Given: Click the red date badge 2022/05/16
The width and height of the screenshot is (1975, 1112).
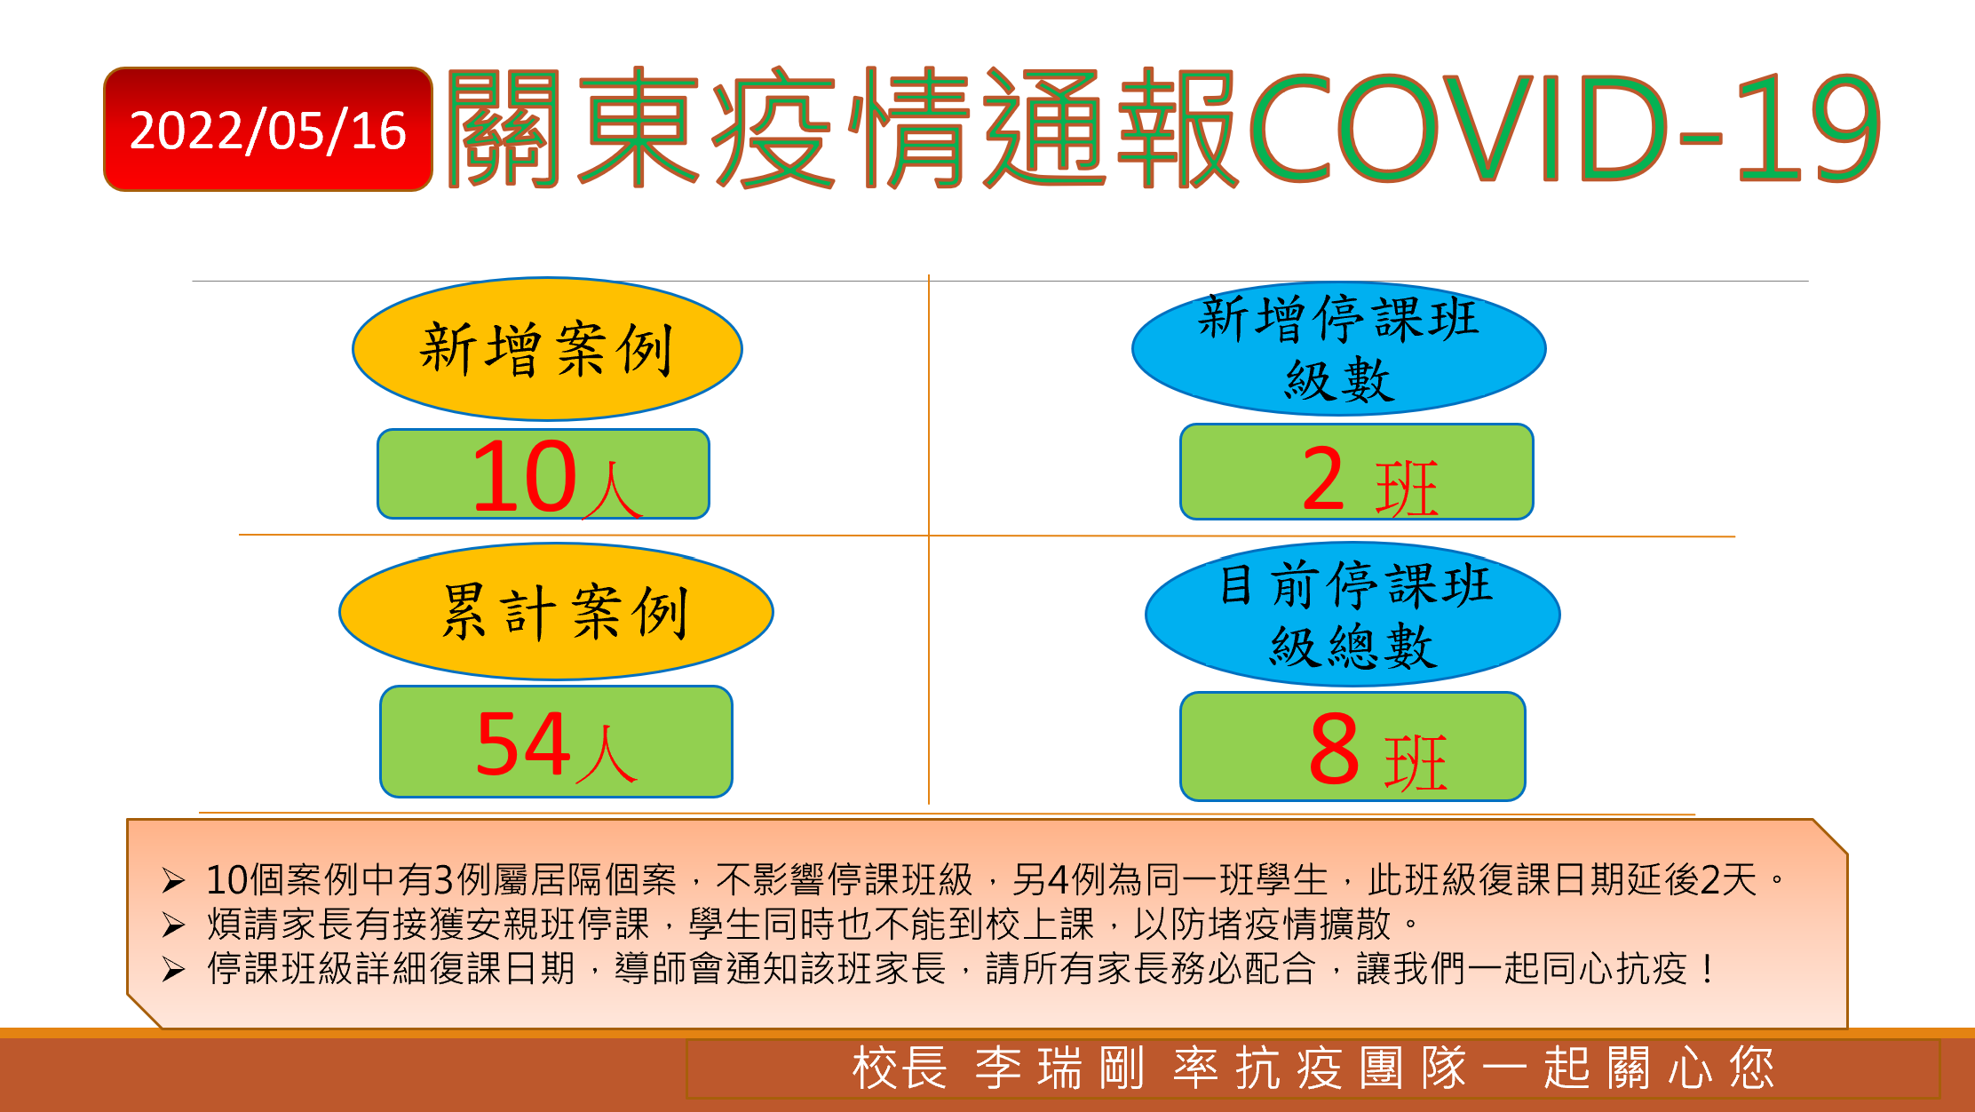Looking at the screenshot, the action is [x=268, y=129].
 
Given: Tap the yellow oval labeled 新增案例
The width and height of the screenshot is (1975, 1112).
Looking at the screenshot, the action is [x=547, y=349].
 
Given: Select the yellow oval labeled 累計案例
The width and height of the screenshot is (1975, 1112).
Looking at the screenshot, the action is [x=556, y=612].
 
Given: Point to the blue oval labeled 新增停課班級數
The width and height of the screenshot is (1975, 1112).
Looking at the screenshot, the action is [x=1338, y=348].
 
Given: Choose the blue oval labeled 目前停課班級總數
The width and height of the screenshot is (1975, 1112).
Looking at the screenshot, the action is [x=1352, y=615].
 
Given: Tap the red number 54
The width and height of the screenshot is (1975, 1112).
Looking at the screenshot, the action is [x=523, y=744].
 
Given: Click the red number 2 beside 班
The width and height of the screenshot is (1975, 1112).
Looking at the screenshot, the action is [x=1323, y=479].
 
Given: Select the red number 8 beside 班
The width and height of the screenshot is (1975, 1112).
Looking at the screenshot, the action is [x=1334, y=749].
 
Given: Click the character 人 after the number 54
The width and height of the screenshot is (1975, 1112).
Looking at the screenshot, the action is [x=607, y=754].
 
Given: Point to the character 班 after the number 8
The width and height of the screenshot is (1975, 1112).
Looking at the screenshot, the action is [x=1416, y=762].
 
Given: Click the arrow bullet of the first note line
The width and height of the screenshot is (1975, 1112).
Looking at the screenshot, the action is [x=173, y=881].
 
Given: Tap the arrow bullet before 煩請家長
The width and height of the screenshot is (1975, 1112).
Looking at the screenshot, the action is [x=173, y=925].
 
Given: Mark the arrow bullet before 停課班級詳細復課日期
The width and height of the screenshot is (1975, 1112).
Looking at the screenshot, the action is [x=173, y=970].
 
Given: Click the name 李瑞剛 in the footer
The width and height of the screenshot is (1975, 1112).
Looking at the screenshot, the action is [x=1059, y=1068].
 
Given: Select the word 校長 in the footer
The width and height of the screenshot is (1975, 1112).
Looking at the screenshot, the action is [x=900, y=1068].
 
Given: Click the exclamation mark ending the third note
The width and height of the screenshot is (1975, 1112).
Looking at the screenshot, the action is [x=1708, y=969].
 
